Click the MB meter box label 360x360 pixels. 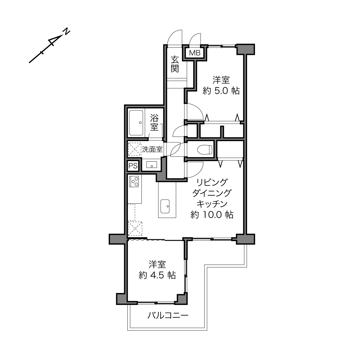[x=195, y=53]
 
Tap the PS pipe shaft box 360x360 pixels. [x=133, y=166]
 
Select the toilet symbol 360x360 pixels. [x=205, y=150]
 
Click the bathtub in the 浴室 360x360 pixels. [x=136, y=122]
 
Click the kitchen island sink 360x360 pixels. [x=165, y=206]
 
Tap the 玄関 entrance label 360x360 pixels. [x=175, y=64]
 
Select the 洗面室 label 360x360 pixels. [x=152, y=149]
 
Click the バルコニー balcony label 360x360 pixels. [x=168, y=315]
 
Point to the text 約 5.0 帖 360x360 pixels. [x=221, y=91]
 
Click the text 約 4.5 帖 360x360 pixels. [x=157, y=275]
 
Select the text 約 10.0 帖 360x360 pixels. [x=212, y=215]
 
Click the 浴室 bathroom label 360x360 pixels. [x=154, y=122]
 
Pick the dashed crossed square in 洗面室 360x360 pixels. [x=135, y=149]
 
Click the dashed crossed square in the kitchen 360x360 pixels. [x=135, y=228]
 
